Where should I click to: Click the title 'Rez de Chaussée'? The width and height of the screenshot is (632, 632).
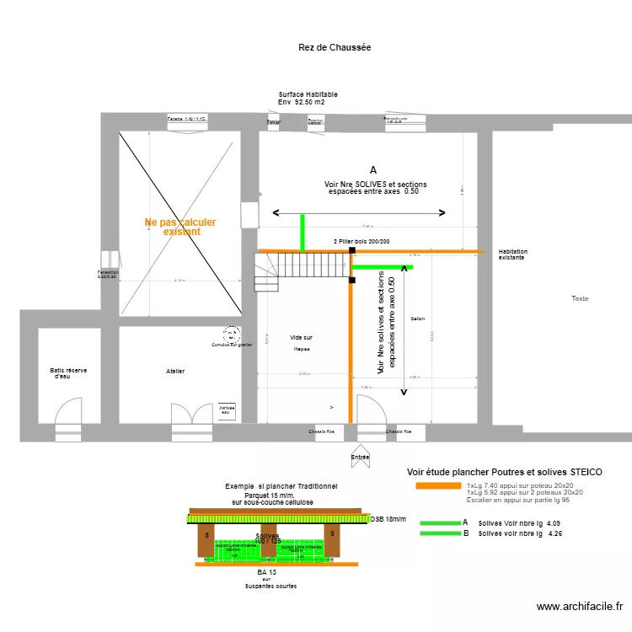click(x=335, y=48)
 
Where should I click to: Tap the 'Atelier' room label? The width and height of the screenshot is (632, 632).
click(x=175, y=371)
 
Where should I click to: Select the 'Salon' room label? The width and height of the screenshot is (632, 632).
click(x=418, y=319)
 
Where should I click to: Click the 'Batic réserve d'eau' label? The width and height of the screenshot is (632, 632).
click(x=68, y=373)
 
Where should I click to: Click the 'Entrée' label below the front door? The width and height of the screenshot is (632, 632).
click(x=360, y=457)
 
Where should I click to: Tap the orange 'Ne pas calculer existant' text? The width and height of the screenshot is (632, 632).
click(x=180, y=227)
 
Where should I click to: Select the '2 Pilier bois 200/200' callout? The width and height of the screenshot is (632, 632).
click(x=362, y=242)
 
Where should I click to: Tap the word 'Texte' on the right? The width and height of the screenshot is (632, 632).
click(x=580, y=299)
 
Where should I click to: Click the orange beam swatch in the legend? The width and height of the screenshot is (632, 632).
click(x=438, y=486)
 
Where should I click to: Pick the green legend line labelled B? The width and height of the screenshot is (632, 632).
click(x=438, y=533)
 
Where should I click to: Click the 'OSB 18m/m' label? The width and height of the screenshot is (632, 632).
click(x=388, y=520)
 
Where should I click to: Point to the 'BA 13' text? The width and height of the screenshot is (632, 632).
click(x=268, y=571)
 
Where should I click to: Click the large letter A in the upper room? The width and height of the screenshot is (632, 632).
click(x=373, y=169)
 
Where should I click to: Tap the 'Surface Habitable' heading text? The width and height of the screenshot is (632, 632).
click(x=308, y=94)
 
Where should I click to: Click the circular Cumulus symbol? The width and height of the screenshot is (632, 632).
click(x=231, y=335)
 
